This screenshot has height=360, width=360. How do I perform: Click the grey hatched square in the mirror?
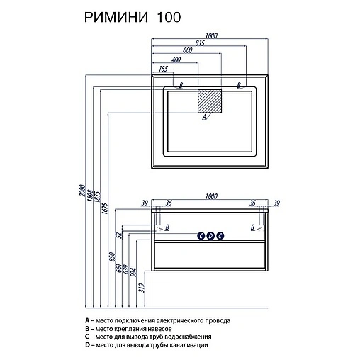(210, 101)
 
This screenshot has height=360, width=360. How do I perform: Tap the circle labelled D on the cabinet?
(210, 235)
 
